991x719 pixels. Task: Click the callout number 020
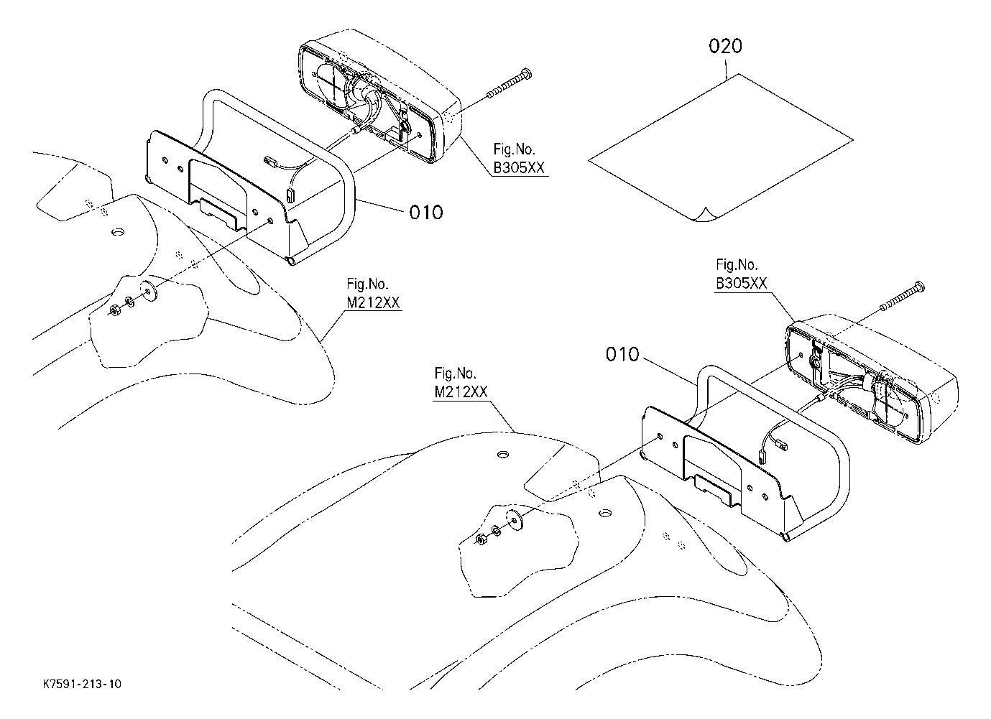click(x=725, y=47)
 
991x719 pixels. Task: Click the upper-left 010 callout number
click(x=426, y=212)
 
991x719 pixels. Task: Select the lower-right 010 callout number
click(x=622, y=354)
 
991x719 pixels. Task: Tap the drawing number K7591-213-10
click(x=81, y=685)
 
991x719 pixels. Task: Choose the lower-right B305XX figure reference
click(x=742, y=283)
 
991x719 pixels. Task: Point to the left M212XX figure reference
click(x=374, y=302)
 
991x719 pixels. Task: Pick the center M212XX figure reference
click(x=461, y=391)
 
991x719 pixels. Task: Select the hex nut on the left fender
click(x=115, y=310)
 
